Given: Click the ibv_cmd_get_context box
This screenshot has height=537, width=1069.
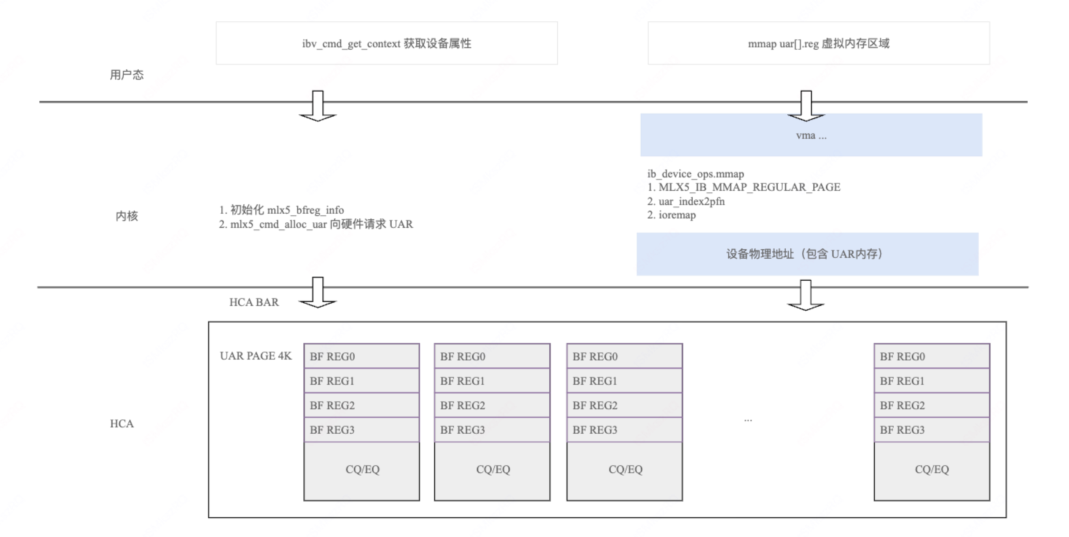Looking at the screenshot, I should (x=387, y=43).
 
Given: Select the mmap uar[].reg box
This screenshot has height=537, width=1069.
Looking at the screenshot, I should (x=818, y=43).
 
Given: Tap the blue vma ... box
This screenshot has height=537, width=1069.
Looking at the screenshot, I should (x=811, y=135).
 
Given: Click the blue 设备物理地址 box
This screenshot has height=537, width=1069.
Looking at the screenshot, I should (x=807, y=254).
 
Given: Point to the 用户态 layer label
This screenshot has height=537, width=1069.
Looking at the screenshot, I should (x=126, y=75).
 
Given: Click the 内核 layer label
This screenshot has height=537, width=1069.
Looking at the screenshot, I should (x=126, y=216).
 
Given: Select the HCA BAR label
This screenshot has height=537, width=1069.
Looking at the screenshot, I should (x=254, y=302).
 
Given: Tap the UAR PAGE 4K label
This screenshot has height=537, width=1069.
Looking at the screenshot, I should (x=256, y=356).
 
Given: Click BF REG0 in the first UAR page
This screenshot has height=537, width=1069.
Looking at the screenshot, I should (x=361, y=356).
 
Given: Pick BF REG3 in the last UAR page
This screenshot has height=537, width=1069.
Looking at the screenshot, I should (x=931, y=430).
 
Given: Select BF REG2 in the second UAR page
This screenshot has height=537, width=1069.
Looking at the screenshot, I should (x=492, y=405).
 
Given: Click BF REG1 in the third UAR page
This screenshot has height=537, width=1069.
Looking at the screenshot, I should (x=625, y=381).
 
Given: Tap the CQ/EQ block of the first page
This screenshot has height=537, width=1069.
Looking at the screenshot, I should (x=362, y=470).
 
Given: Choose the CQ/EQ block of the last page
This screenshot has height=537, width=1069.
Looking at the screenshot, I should (x=931, y=470).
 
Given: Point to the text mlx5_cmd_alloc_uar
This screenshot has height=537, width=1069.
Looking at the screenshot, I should (x=279, y=224).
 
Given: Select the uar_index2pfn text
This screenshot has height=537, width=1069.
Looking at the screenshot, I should (x=692, y=201).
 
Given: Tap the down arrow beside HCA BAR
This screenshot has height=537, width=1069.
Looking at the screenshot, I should (x=318, y=293).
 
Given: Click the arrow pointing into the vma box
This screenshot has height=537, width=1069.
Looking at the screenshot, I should (x=805, y=106).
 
